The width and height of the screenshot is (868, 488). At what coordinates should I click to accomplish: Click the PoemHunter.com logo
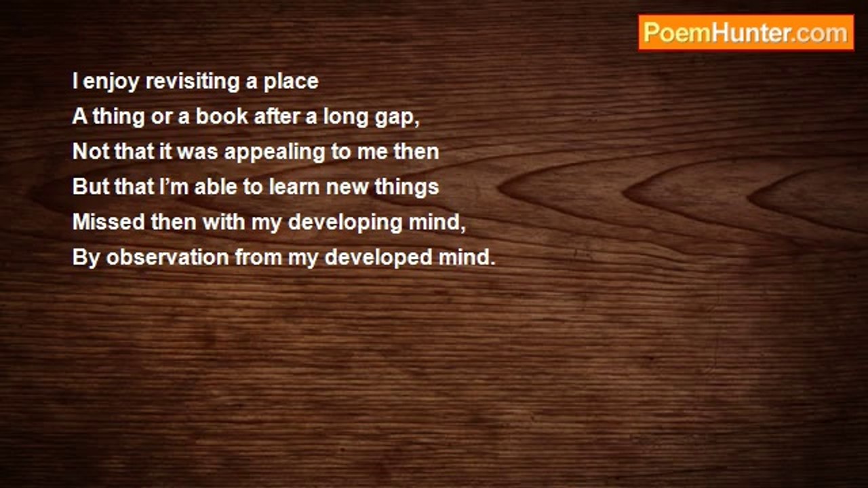click(746, 33)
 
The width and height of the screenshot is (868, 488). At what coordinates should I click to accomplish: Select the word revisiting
click(193, 82)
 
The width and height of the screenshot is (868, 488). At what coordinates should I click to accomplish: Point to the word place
click(291, 82)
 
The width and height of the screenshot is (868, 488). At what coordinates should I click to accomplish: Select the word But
click(90, 186)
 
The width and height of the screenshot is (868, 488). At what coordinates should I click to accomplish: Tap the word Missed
click(108, 222)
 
